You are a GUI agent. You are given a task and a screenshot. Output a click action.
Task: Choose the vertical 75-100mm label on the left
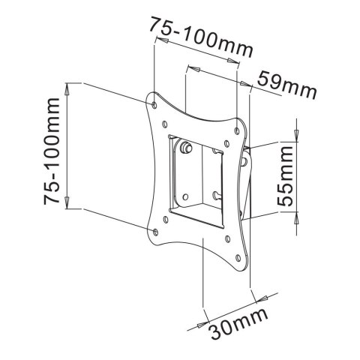pos(52,150)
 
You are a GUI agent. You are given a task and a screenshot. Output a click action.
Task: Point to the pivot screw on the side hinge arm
pos(244,160)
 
